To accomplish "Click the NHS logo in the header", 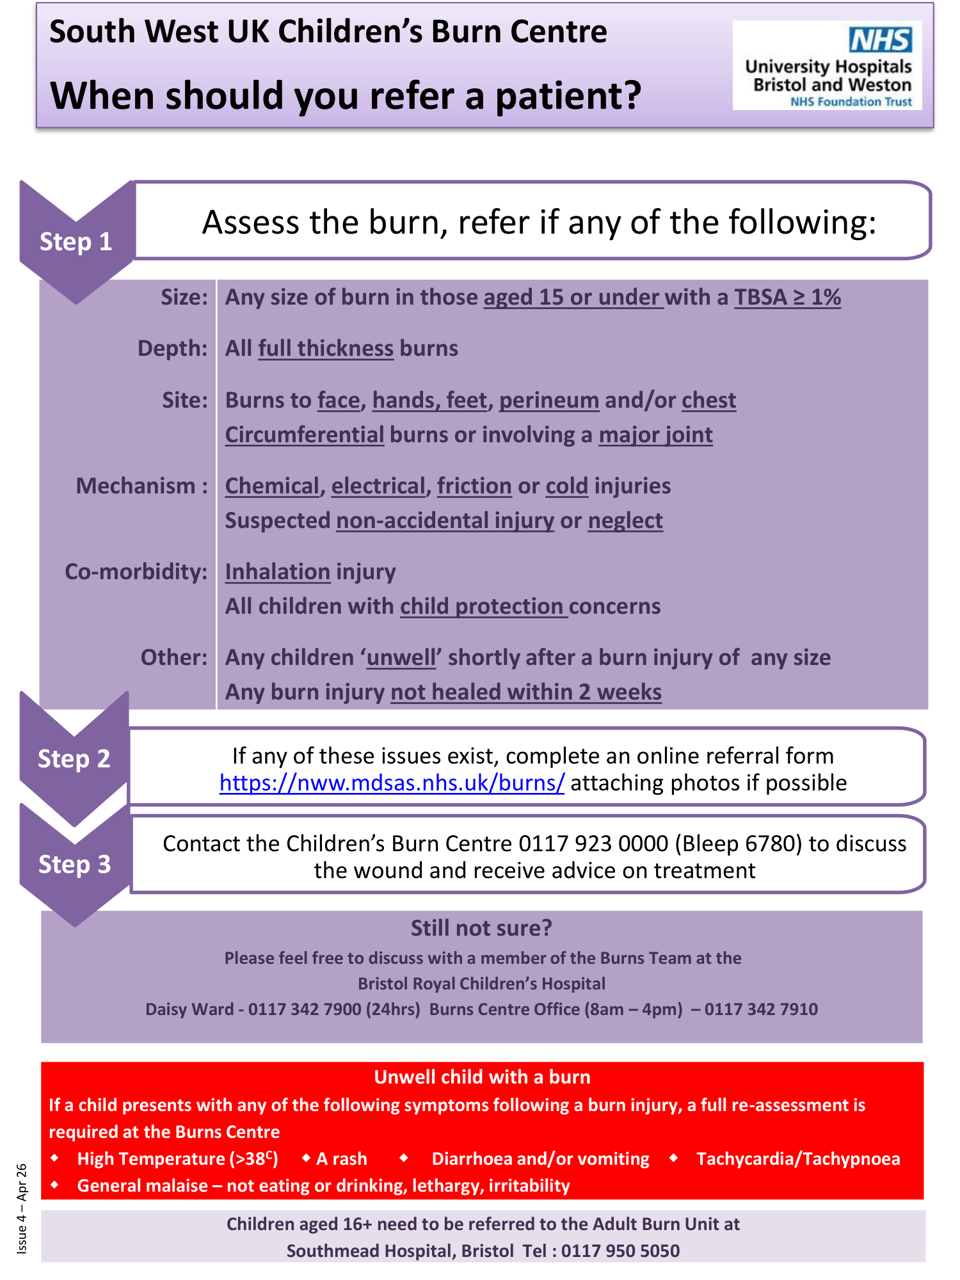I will pyautogui.click(x=880, y=40).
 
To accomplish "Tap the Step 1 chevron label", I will pyautogui.click(x=76, y=242).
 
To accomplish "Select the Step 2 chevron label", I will pyautogui.click(x=74, y=758).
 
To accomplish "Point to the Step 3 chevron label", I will pyautogui.click(x=75, y=864).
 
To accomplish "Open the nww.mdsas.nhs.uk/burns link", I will pyautogui.click(x=392, y=783).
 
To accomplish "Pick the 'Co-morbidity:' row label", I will pyautogui.click(x=136, y=572).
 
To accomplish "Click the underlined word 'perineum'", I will pyautogui.click(x=548, y=400).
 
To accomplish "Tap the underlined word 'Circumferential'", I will pyautogui.click(x=305, y=435).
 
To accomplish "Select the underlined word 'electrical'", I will pyautogui.click(x=378, y=486).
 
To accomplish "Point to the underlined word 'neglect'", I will pyautogui.click(x=625, y=520).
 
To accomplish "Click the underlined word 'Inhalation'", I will pyautogui.click(x=277, y=572).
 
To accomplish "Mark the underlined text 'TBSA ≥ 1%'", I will pyautogui.click(x=787, y=297).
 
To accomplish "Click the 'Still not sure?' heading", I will pyautogui.click(x=481, y=928).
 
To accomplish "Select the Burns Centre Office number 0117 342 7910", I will pyautogui.click(x=761, y=1009).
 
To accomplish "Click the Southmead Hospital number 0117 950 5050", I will pyautogui.click(x=620, y=1251).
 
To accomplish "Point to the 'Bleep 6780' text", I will pyautogui.click(x=738, y=844).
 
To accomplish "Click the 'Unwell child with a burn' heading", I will pyautogui.click(x=482, y=1077).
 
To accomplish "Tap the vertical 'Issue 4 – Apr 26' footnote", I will pyautogui.click(x=22, y=1208).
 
